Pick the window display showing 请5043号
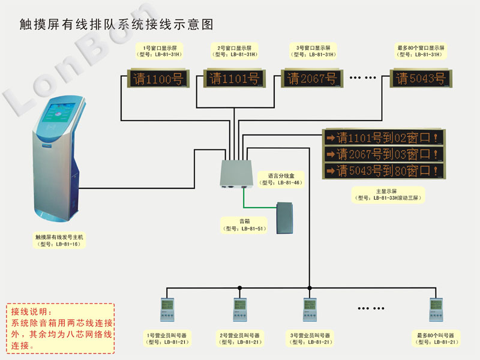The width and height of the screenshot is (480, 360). click(x=421, y=79)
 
